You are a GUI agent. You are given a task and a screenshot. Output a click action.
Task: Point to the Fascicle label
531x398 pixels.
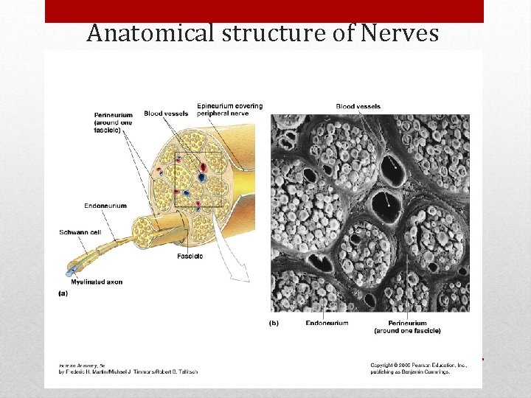[x=190, y=256]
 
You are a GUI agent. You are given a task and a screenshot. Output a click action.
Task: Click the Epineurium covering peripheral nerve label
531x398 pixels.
[x=229, y=110]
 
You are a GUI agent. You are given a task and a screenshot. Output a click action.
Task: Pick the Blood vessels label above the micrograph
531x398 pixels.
[x=358, y=107]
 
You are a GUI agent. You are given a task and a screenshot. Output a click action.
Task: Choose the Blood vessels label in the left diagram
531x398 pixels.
[x=166, y=114]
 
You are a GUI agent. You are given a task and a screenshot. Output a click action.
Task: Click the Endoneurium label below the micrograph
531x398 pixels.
[x=327, y=323]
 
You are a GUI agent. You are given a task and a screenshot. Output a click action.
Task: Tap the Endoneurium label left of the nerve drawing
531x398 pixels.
[x=105, y=206]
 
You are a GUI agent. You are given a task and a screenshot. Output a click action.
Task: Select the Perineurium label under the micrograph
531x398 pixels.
[x=407, y=327]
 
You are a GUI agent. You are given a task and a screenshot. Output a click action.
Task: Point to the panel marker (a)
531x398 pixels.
[x=63, y=293]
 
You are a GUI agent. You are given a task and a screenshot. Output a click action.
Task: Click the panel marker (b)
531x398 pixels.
[x=273, y=323]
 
